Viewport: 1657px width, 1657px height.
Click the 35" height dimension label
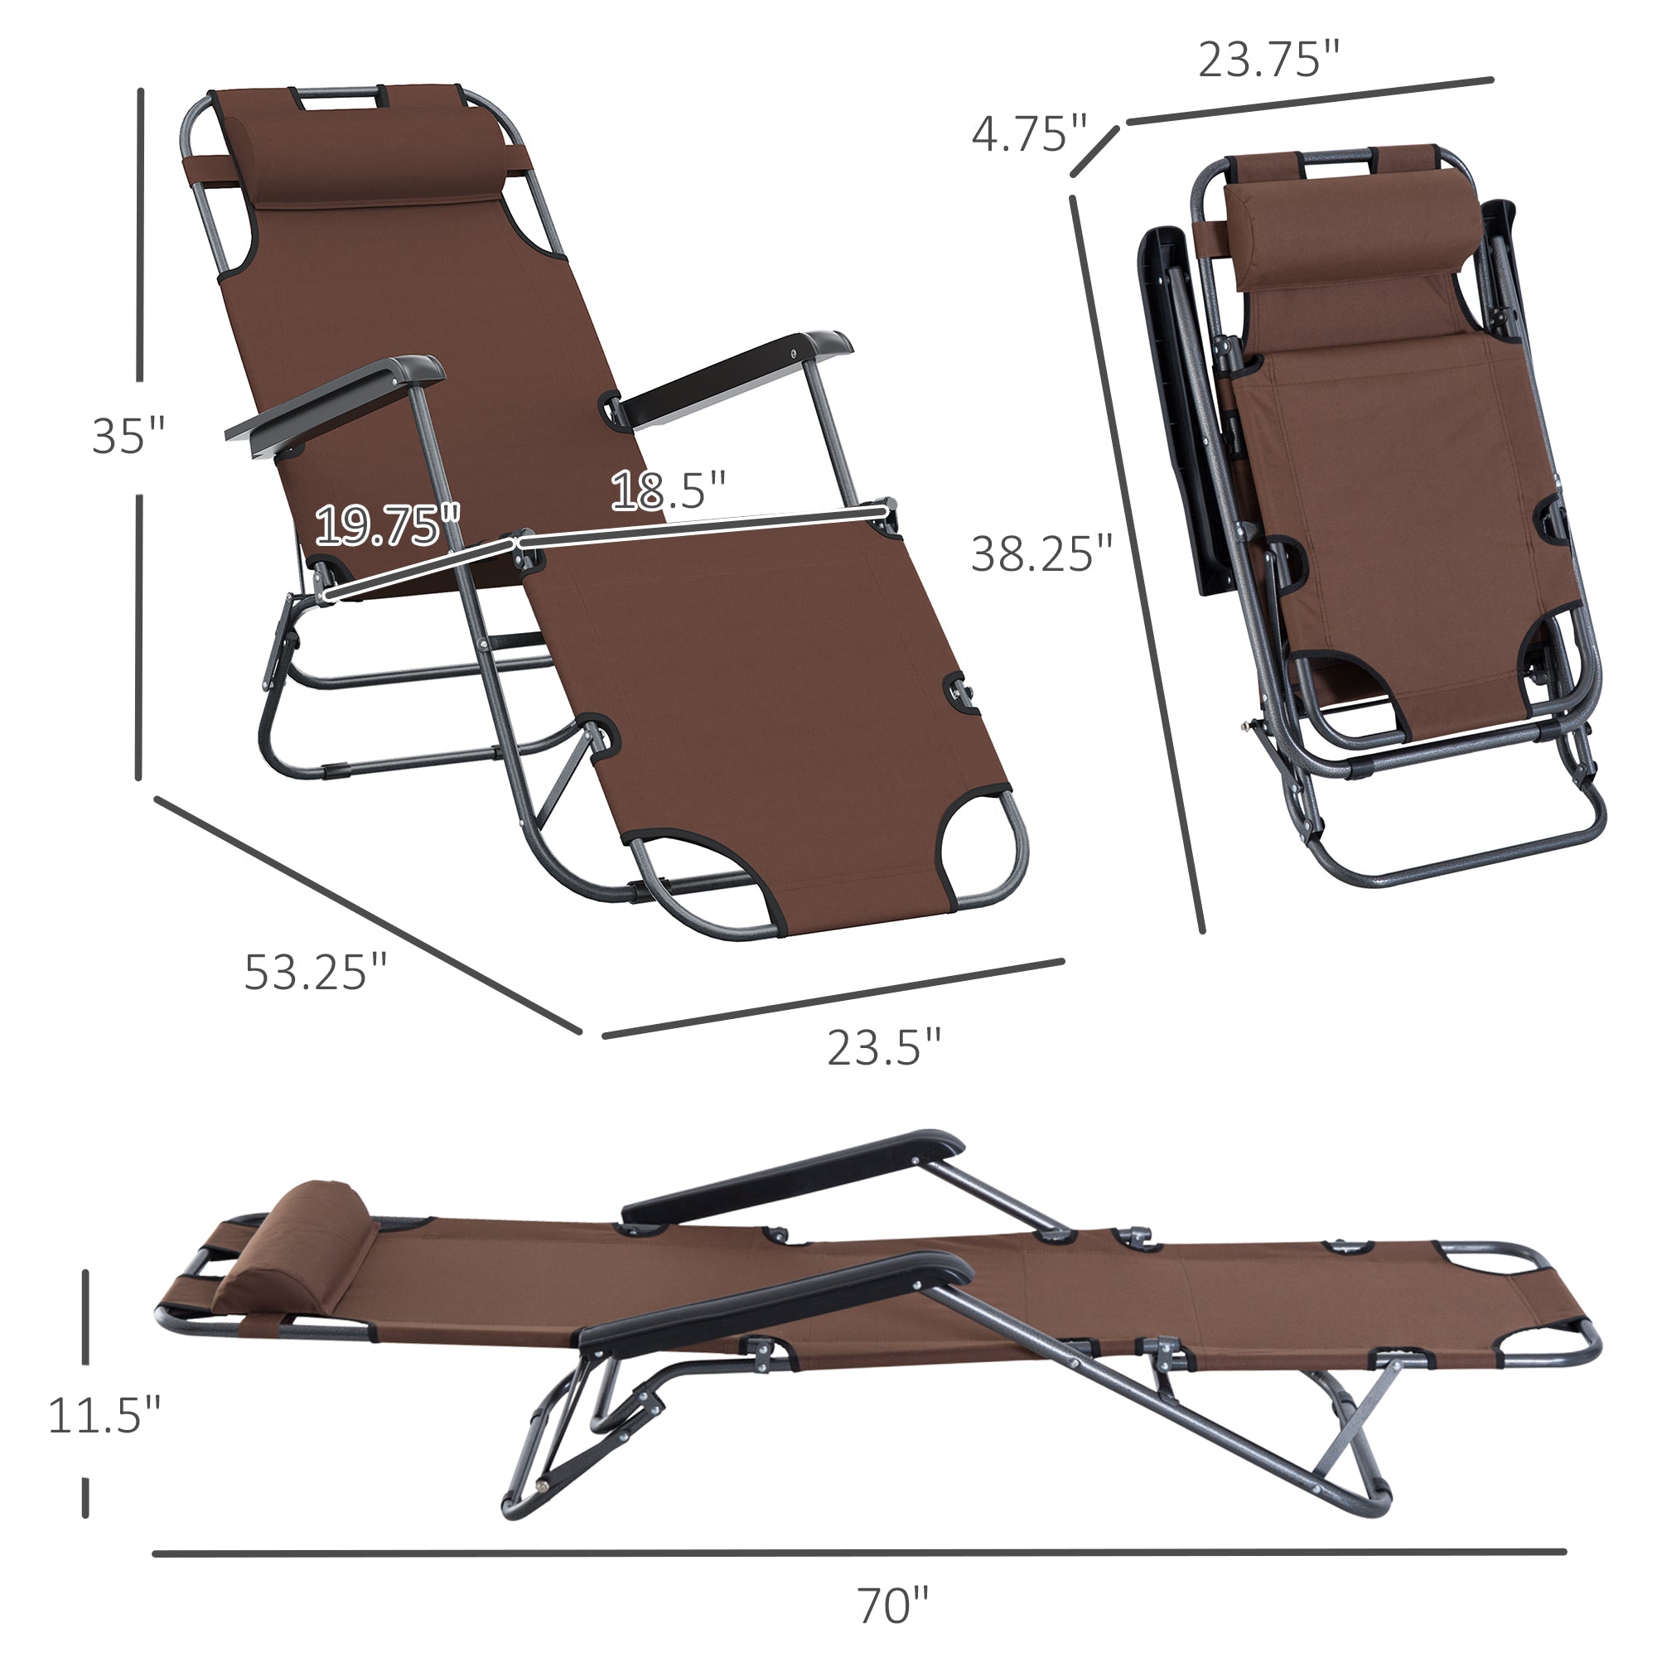pyautogui.click(x=127, y=436)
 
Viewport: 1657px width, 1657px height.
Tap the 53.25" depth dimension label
pyautogui.click(x=315, y=973)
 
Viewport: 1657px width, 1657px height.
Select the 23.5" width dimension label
pyautogui.click(x=883, y=1048)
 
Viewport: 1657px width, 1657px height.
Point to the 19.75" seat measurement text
pyautogui.click(x=387, y=526)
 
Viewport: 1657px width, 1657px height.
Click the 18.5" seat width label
pyautogui.click(x=668, y=490)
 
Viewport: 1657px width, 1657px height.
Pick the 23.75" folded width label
pyautogui.click(x=1268, y=60)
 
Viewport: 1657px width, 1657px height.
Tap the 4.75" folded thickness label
pyautogui.click(x=1028, y=135)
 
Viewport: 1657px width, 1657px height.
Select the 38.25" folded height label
pyautogui.click(x=1041, y=554)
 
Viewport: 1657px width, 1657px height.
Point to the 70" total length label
pyautogui.click(x=892, y=1606)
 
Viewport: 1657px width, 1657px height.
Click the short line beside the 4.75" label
pyautogui.click(x=1095, y=152)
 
